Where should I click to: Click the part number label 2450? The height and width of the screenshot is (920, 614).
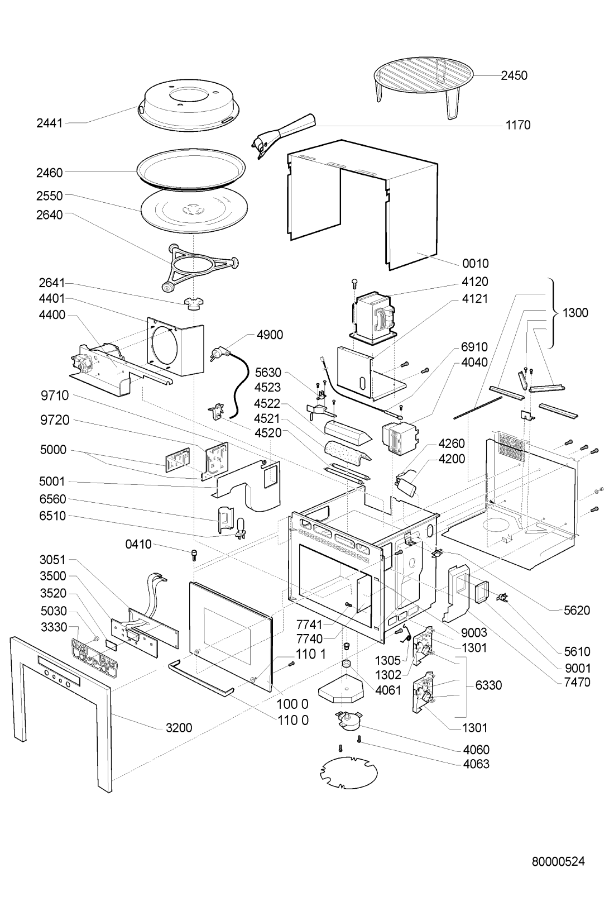coord(514,75)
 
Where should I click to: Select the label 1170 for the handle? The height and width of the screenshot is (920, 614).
coord(518,125)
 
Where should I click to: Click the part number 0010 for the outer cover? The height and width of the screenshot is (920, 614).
coord(475,263)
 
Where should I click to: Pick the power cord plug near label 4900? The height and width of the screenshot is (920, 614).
coord(218,354)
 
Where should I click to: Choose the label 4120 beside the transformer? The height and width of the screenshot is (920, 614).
coord(475,282)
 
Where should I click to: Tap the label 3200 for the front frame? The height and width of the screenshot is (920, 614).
coord(179,728)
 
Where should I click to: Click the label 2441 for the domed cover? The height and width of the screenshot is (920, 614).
coord(50,123)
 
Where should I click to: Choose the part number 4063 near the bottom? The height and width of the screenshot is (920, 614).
coord(476,764)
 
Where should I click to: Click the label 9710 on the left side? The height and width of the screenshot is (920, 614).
coord(55,396)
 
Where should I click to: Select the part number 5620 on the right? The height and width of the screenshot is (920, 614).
coord(577,611)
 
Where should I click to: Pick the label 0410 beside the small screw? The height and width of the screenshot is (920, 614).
coord(138,545)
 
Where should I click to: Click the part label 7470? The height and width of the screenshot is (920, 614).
coord(577,682)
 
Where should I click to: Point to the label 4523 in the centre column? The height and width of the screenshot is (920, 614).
coord(267,387)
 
